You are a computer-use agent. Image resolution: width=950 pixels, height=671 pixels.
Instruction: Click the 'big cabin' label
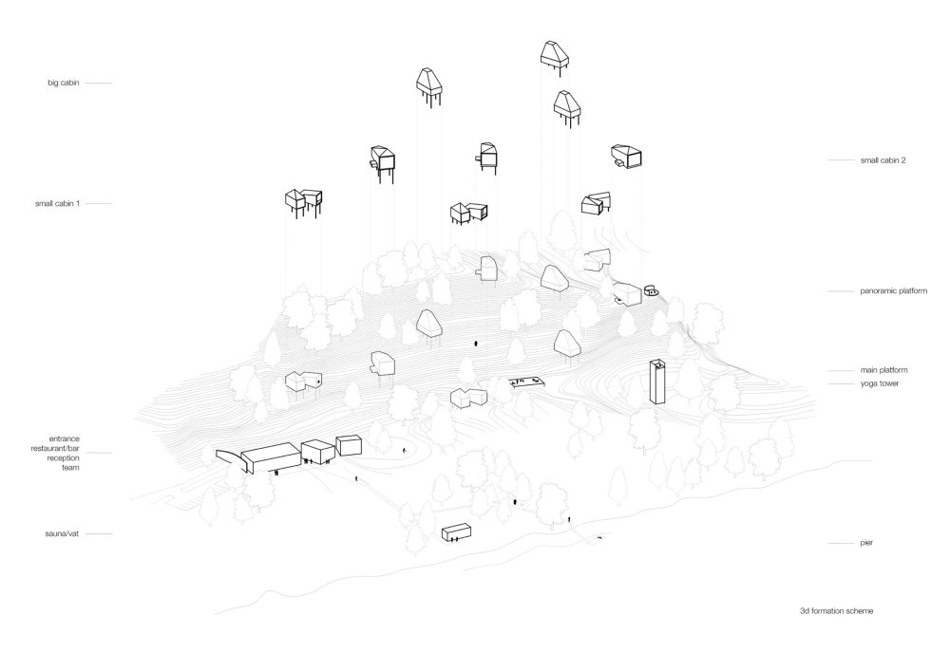64,83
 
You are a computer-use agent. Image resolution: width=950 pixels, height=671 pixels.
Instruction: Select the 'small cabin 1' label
58,204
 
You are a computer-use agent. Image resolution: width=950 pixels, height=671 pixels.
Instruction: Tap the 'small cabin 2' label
883,160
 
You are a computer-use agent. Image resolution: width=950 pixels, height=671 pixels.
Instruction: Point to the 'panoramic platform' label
893,291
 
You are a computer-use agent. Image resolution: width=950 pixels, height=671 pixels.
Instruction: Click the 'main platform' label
883,370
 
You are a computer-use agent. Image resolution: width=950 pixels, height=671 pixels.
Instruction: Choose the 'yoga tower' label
879,383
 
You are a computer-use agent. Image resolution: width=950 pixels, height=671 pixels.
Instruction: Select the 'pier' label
866,543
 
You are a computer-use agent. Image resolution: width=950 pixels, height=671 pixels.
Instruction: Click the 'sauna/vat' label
62,533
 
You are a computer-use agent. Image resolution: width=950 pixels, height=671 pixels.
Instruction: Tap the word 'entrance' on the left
65,438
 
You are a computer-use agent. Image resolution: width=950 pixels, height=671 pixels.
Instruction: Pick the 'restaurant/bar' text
55,448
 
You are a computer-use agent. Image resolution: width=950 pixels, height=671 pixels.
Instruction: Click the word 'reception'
64,458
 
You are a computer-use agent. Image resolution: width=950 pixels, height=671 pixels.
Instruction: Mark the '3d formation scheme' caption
836,611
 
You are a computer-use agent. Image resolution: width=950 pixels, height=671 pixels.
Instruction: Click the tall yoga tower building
657,382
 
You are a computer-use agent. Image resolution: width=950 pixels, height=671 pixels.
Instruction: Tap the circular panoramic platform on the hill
652,291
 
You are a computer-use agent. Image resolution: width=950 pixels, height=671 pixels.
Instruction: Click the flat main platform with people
527,382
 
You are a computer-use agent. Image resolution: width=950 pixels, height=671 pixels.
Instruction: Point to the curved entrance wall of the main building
233,460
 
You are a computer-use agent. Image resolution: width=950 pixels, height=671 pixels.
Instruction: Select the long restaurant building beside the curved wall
272,457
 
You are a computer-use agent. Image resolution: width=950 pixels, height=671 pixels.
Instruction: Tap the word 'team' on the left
70,468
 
